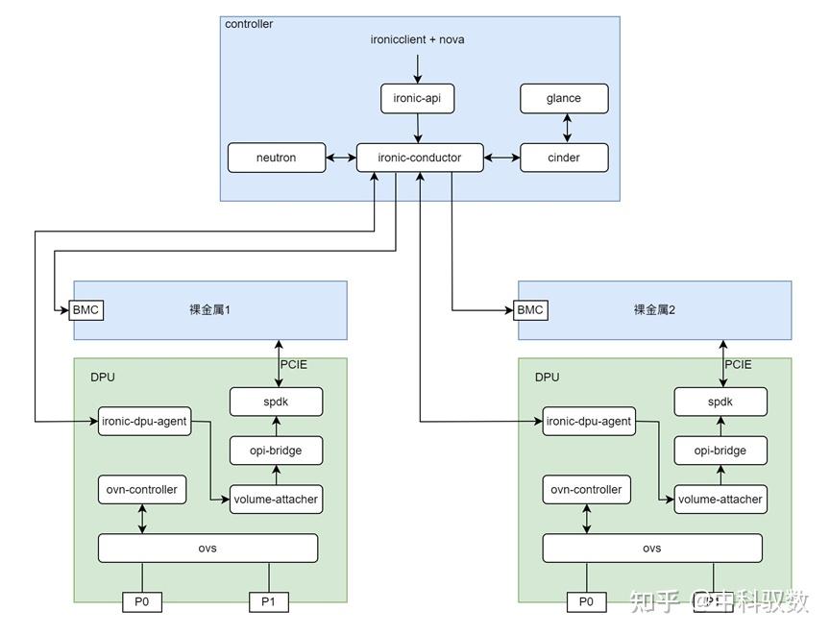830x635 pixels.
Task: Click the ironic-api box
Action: (x=418, y=98)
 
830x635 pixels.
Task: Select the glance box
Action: (x=564, y=98)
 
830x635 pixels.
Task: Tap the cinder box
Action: (x=564, y=158)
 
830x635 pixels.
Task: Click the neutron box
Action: (x=277, y=158)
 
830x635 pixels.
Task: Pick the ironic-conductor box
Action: (x=420, y=158)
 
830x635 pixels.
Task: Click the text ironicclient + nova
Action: (x=418, y=39)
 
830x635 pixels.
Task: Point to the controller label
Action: (x=249, y=24)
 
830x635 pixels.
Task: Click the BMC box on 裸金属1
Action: (x=86, y=310)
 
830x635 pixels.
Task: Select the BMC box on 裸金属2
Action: (x=530, y=310)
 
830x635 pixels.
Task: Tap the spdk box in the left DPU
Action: (x=275, y=402)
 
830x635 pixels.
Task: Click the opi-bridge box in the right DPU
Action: (x=720, y=450)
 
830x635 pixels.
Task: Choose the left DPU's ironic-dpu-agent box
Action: (x=143, y=421)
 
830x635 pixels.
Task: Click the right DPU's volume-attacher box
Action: (x=720, y=500)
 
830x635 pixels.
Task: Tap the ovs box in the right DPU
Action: (x=651, y=549)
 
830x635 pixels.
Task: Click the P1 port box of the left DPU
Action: (x=269, y=602)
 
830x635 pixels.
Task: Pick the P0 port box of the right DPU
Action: (x=586, y=602)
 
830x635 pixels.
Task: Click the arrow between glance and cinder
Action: (x=566, y=128)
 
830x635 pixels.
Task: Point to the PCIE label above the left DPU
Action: (x=294, y=365)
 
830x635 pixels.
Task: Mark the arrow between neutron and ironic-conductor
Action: (x=341, y=158)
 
